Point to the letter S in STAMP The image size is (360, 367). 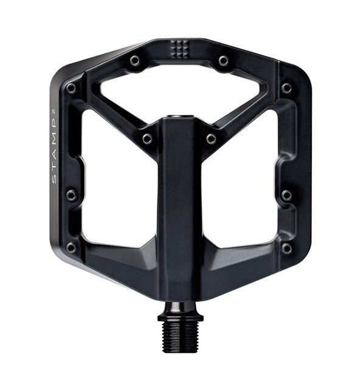coord(54,179)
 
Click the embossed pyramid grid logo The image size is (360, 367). coord(179,49)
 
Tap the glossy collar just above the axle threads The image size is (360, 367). coord(180,309)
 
